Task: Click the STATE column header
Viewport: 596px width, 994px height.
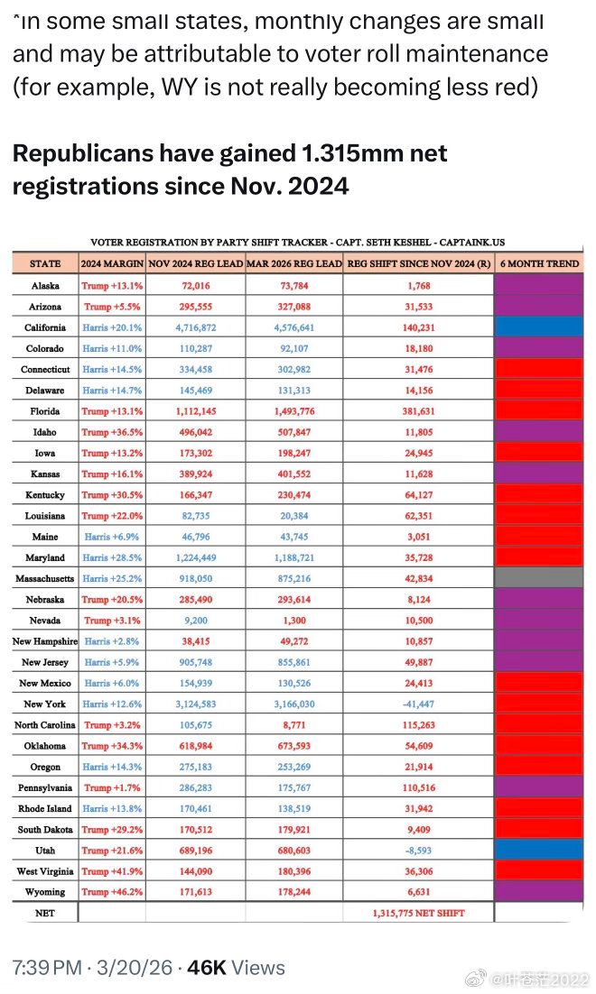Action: click(45, 263)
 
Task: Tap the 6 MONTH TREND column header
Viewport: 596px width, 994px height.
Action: click(540, 263)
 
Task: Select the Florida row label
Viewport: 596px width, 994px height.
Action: click(45, 411)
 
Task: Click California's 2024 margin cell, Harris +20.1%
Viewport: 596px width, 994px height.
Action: click(111, 327)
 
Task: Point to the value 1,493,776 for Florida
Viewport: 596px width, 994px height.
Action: click(293, 411)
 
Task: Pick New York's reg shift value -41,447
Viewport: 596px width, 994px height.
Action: click(418, 704)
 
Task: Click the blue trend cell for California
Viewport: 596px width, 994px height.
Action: click(539, 327)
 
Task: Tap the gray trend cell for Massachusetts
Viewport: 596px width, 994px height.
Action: click(539, 578)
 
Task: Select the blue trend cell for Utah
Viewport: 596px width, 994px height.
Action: click(539, 850)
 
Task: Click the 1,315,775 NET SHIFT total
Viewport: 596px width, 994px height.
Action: click(418, 913)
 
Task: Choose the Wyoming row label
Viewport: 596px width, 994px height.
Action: click(45, 891)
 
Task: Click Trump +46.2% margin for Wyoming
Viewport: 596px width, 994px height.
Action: click(111, 891)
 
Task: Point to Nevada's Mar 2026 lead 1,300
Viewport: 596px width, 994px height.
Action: click(293, 621)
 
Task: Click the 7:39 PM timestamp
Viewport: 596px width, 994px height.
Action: click(48, 969)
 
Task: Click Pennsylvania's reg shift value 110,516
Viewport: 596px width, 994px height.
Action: click(418, 787)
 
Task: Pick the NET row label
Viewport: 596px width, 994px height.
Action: click(45, 913)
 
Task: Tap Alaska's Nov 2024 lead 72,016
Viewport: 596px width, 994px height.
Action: click(194, 286)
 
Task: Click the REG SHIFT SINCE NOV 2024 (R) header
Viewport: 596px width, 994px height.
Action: click(418, 263)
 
